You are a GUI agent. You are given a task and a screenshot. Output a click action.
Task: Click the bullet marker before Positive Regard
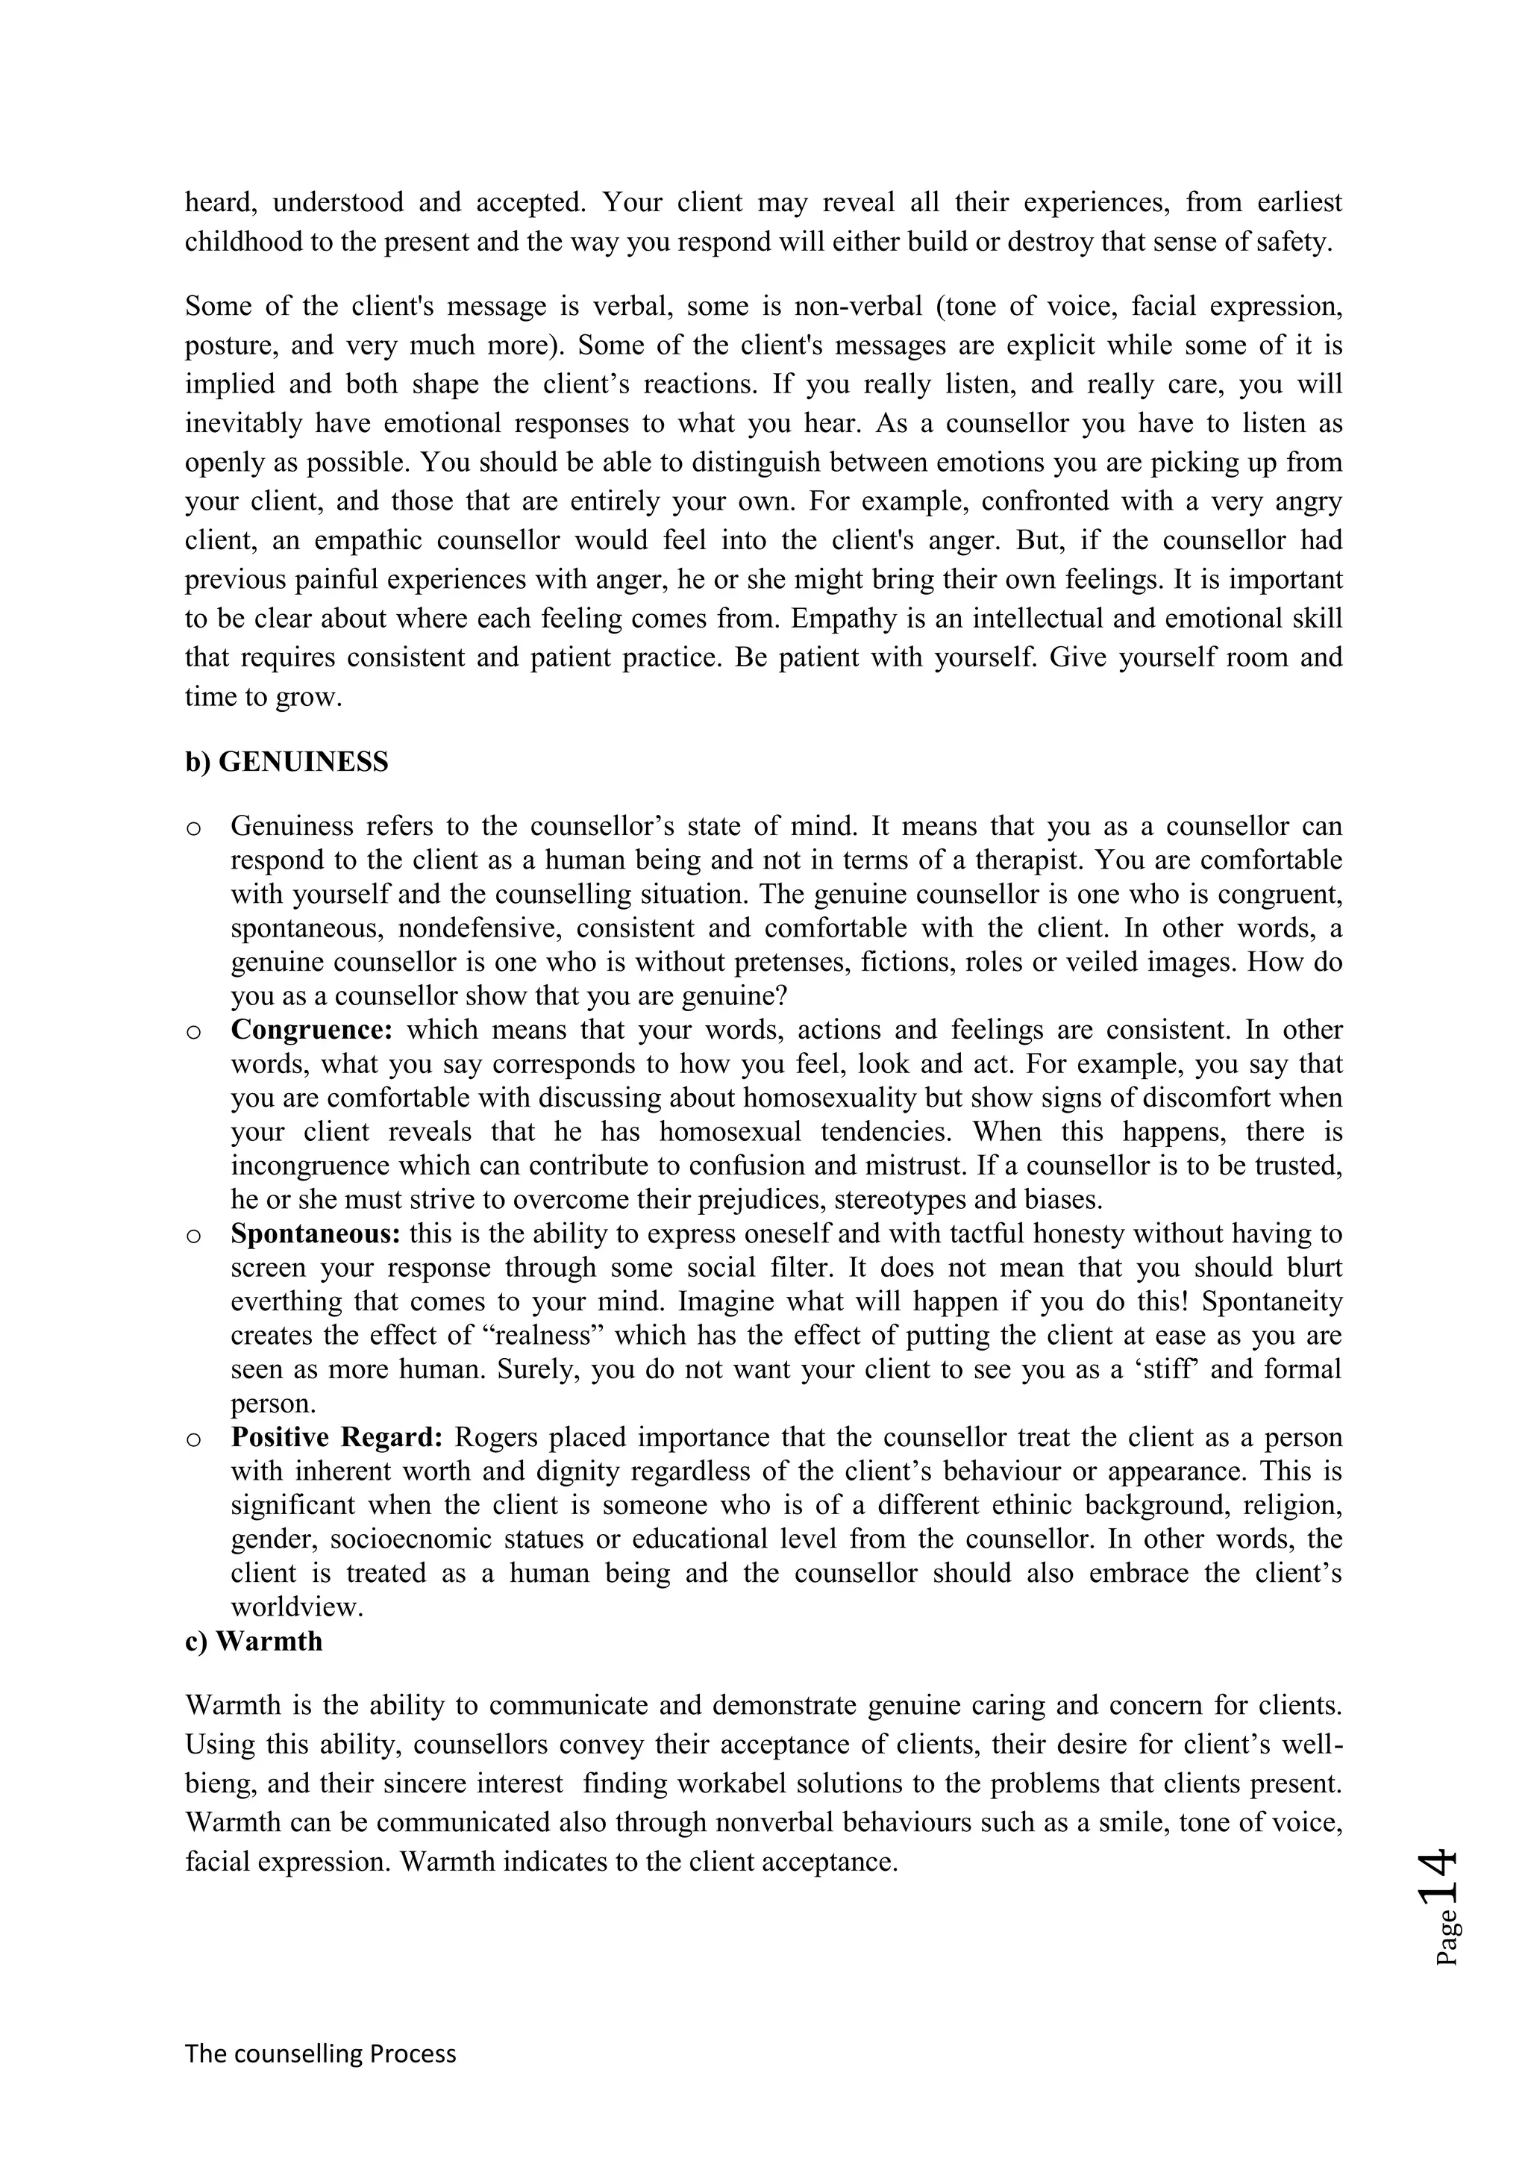pyautogui.click(x=194, y=1440)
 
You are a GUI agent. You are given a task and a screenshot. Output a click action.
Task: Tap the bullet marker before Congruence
pyautogui.click(x=194, y=1033)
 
